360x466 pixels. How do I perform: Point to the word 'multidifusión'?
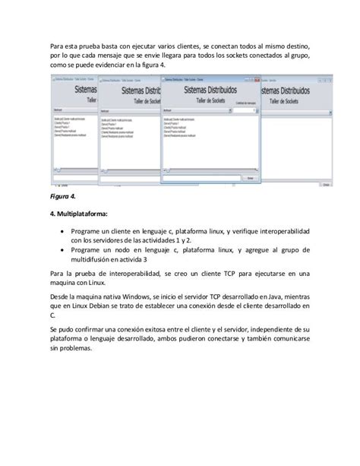pyautogui.click(x=96, y=259)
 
